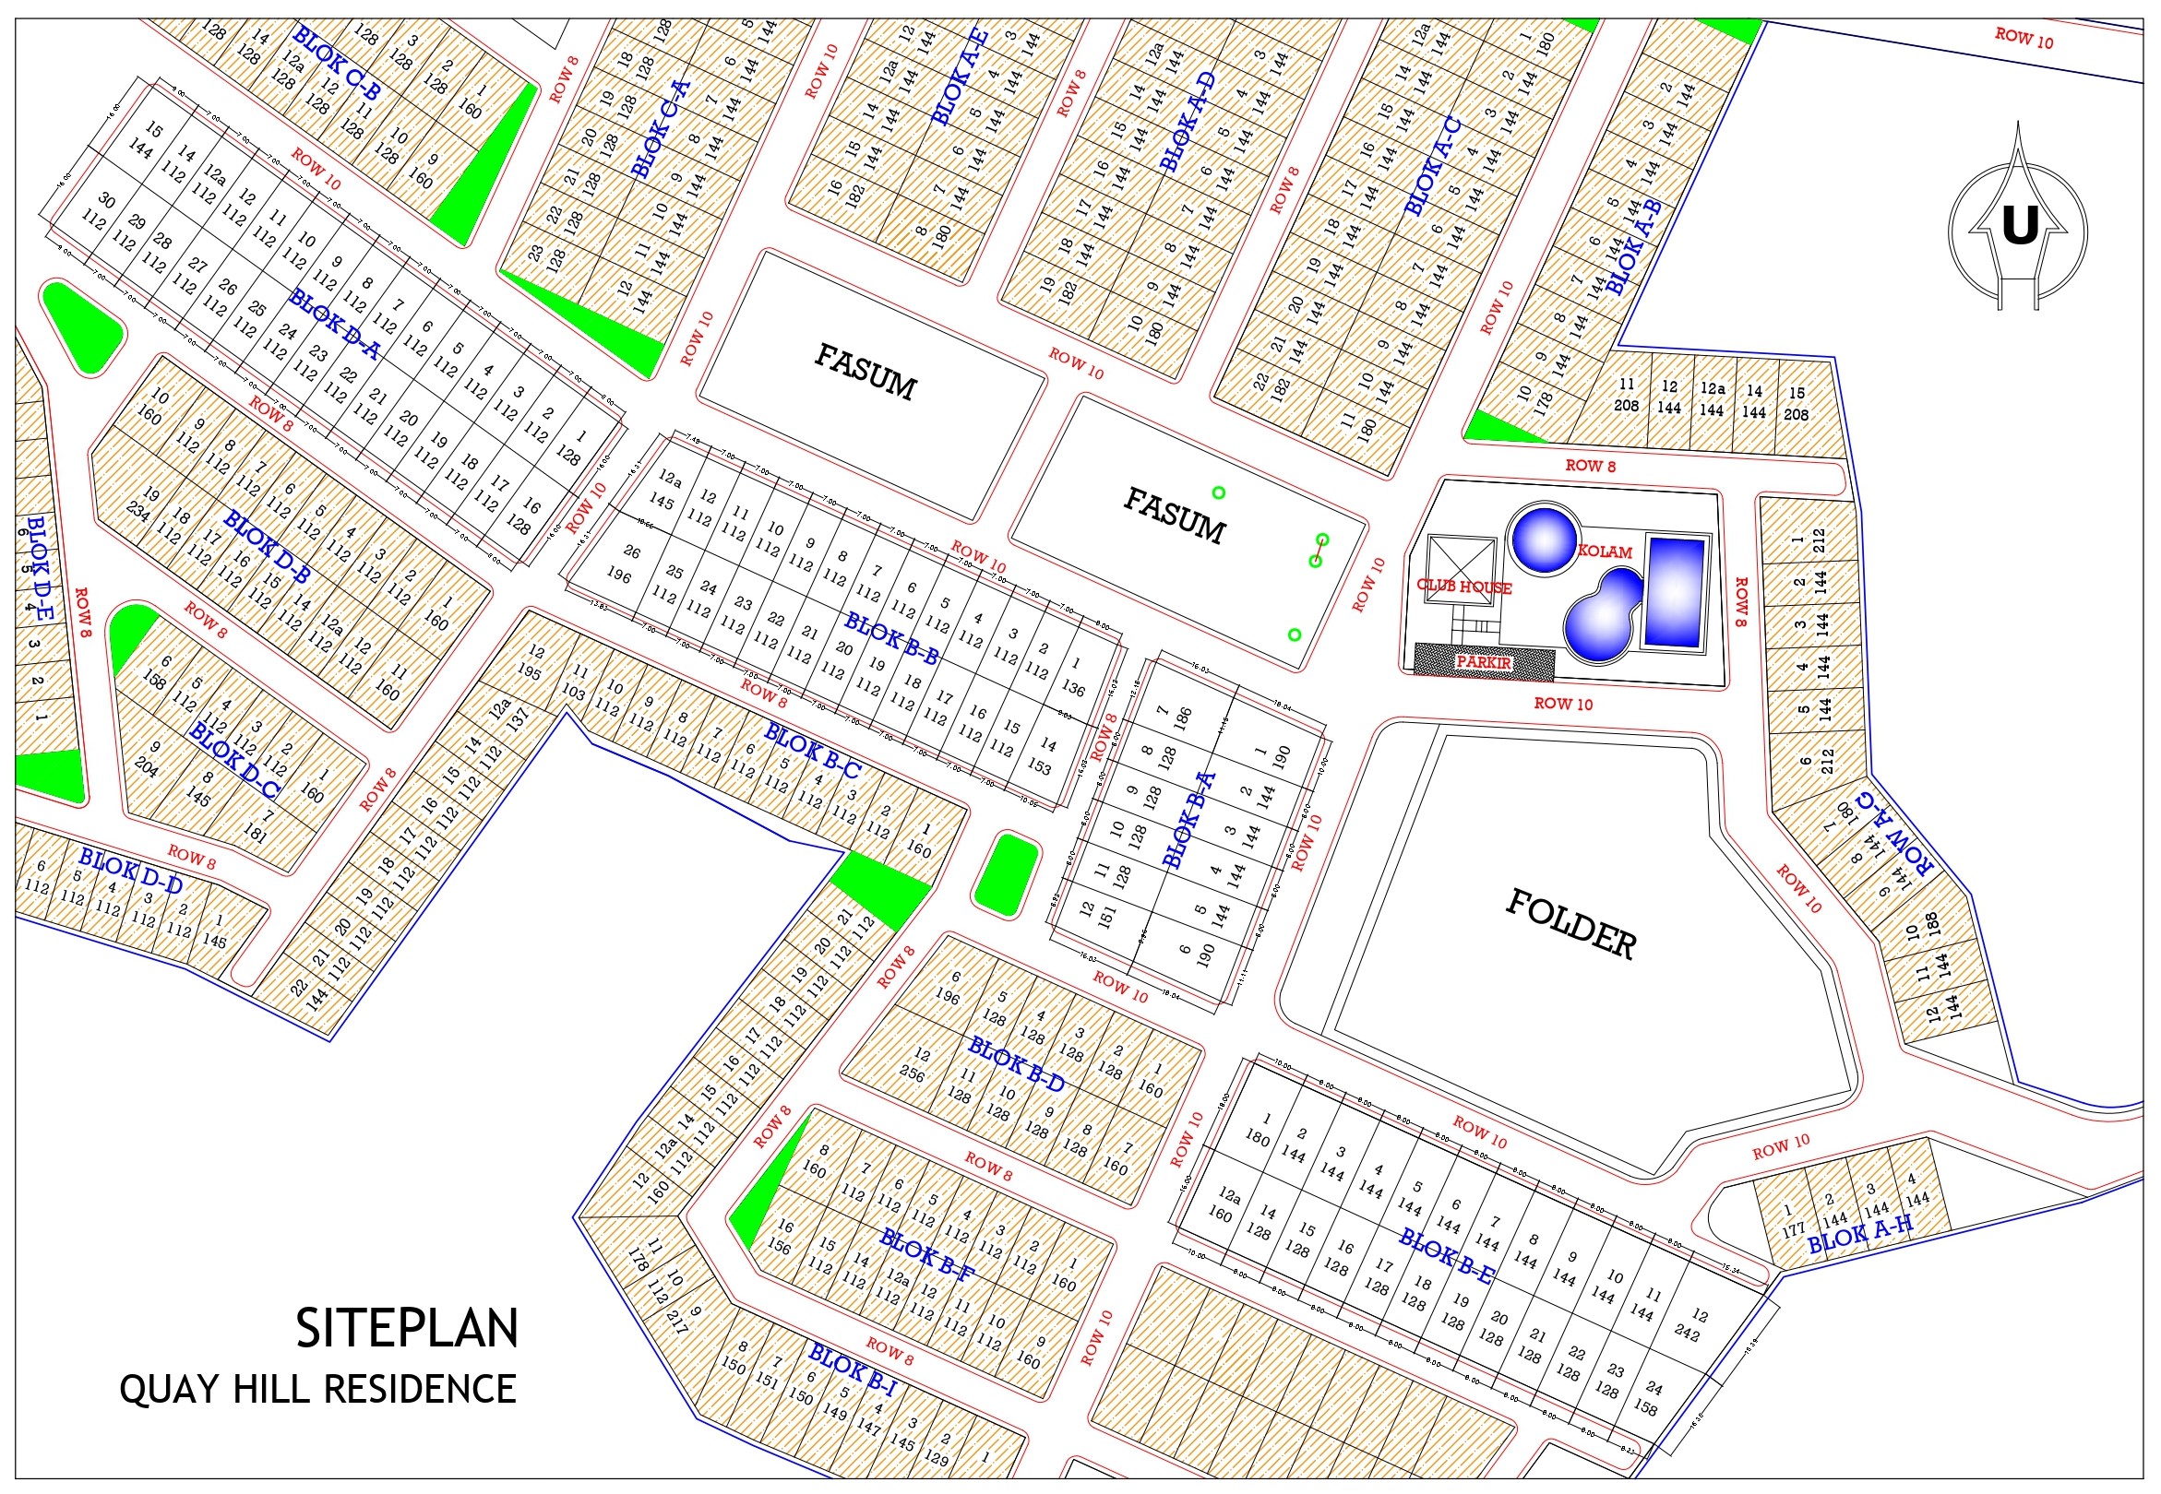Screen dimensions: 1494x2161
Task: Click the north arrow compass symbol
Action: coord(2018,225)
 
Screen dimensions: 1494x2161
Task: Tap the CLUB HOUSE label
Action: coord(1463,587)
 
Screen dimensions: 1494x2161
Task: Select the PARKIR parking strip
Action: coord(1484,661)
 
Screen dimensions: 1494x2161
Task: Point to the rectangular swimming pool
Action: coord(1674,592)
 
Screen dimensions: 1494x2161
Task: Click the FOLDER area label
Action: coord(1570,924)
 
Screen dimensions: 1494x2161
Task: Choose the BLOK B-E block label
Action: coord(1447,1256)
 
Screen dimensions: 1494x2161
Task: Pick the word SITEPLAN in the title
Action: coord(406,1328)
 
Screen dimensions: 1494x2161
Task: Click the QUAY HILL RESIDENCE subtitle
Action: coord(317,1389)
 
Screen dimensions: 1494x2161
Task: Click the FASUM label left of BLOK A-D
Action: coord(865,371)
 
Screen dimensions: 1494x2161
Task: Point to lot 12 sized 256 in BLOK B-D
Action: coord(916,1065)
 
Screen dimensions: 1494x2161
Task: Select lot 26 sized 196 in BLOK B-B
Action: coord(625,563)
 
